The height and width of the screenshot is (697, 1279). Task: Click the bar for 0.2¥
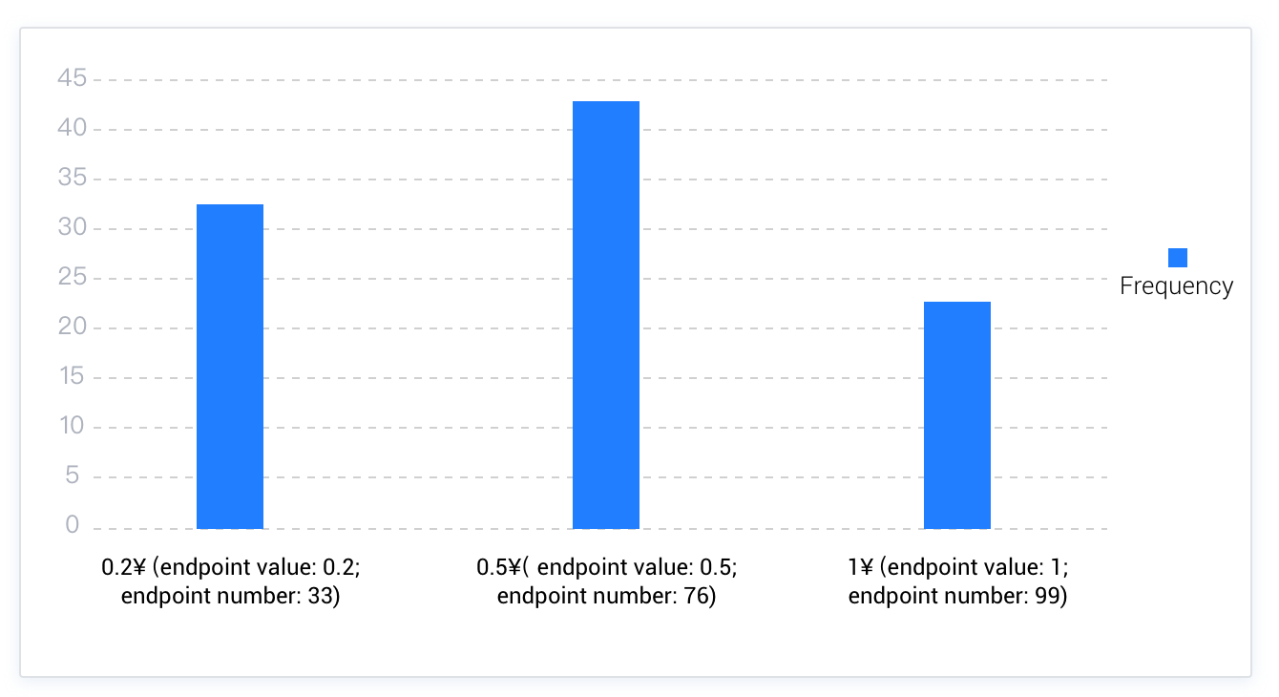pyautogui.click(x=229, y=367)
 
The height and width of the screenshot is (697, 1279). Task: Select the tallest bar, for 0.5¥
pyautogui.click(x=605, y=315)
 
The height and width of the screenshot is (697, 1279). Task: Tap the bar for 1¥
pyautogui.click(x=956, y=415)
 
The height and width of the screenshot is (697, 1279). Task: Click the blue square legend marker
pyautogui.click(x=1178, y=258)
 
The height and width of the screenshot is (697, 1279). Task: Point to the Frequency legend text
pyautogui.click(x=1176, y=286)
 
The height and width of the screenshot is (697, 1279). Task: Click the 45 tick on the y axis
pyautogui.click(x=73, y=78)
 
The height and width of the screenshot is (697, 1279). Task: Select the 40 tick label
pyautogui.click(x=73, y=128)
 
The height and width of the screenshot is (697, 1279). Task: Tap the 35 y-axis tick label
pyautogui.click(x=73, y=178)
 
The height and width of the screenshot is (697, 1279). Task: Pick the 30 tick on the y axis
pyautogui.click(x=73, y=227)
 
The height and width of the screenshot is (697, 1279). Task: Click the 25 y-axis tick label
pyautogui.click(x=73, y=277)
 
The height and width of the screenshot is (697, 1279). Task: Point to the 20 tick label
pyautogui.click(x=73, y=327)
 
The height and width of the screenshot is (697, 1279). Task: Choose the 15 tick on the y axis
pyautogui.click(x=73, y=376)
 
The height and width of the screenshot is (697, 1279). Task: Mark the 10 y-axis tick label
pyautogui.click(x=73, y=426)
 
